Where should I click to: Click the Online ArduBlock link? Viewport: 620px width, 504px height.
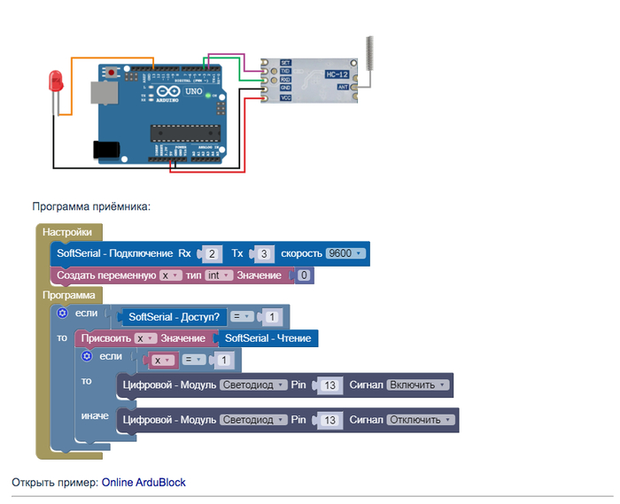(x=143, y=483)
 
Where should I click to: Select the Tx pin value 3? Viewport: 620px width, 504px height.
(x=264, y=254)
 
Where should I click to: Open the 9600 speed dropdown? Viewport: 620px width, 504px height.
(x=345, y=254)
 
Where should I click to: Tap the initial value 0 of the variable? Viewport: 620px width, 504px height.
(x=304, y=276)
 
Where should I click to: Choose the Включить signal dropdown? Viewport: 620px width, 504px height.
(x=420, y=385)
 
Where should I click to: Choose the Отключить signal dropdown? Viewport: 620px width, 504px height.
(x=422, y=421)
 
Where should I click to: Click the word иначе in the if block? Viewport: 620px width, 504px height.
(x=95, y=415)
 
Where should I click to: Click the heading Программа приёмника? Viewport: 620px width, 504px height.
(x=92, y=206)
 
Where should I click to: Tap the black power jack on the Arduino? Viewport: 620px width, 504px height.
(x=107, y=151)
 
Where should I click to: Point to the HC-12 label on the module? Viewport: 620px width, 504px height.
(x=336, y=73)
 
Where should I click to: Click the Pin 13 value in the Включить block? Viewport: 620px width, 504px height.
(x=329, y=385)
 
